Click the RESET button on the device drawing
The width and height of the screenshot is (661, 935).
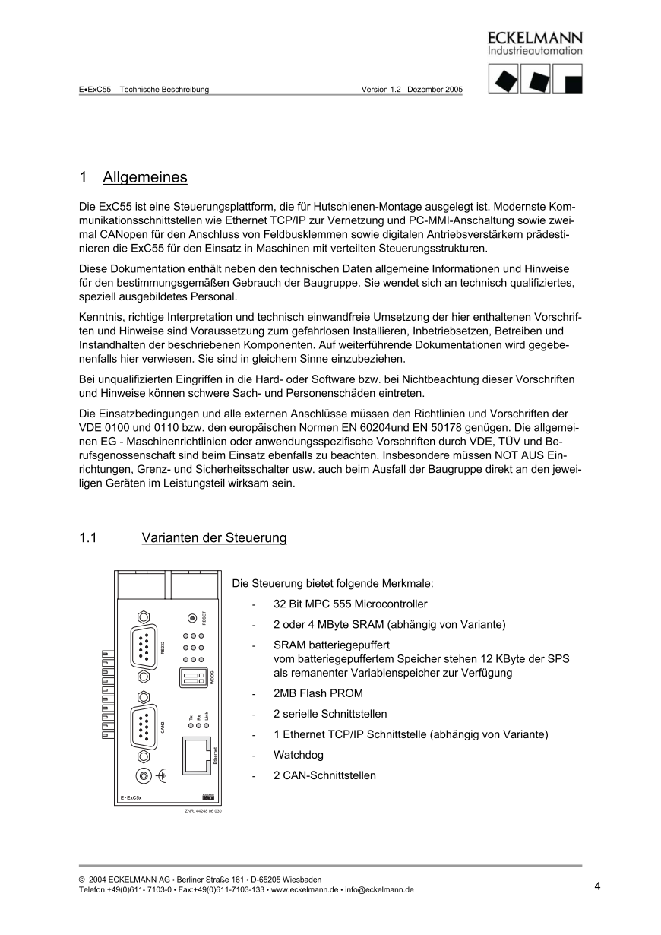coord(193,618)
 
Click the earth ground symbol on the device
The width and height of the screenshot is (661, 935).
coord(160,775)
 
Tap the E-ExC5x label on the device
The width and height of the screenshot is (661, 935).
coord(131,797)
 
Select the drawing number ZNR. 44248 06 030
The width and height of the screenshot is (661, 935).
coord(203,811)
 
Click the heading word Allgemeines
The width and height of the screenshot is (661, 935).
coord(144,178)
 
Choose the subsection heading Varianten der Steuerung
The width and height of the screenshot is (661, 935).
coord(214,538)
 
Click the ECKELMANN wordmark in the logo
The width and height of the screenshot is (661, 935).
coord(535,38)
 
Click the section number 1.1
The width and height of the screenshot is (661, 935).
coord(88,538)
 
